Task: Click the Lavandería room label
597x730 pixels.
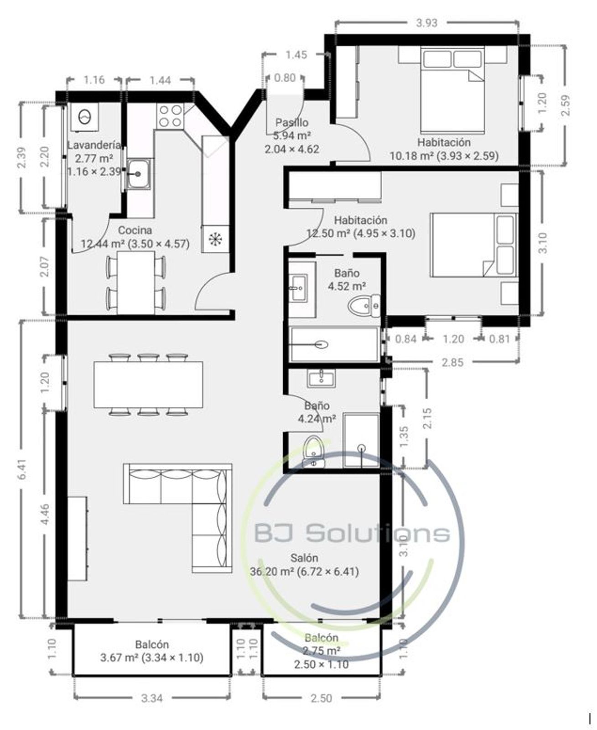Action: pos(94,145)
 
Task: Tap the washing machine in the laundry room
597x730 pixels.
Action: pos(84,117)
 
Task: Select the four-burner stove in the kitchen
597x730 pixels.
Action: pos(170,115)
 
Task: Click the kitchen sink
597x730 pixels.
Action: pos(138,174)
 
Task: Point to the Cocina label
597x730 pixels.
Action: pos(135,230)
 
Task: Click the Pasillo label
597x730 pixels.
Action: pos(292,123)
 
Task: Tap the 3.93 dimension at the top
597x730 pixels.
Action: pos(427,23)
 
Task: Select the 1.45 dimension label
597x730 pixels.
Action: pos(296,55)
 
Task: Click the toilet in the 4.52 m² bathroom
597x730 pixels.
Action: pos(364,306)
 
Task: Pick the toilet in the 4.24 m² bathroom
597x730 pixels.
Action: pos(313,452)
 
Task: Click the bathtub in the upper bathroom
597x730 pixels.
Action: pos(334,344)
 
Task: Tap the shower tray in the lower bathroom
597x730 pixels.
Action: pos(361,439)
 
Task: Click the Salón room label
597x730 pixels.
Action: pos(304,558)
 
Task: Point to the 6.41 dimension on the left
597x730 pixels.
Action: pos(23,469)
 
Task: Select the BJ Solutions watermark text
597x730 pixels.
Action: pos(352,533)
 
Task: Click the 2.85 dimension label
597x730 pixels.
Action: pos(453,362)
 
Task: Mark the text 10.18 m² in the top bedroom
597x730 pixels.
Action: pos(412,156)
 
